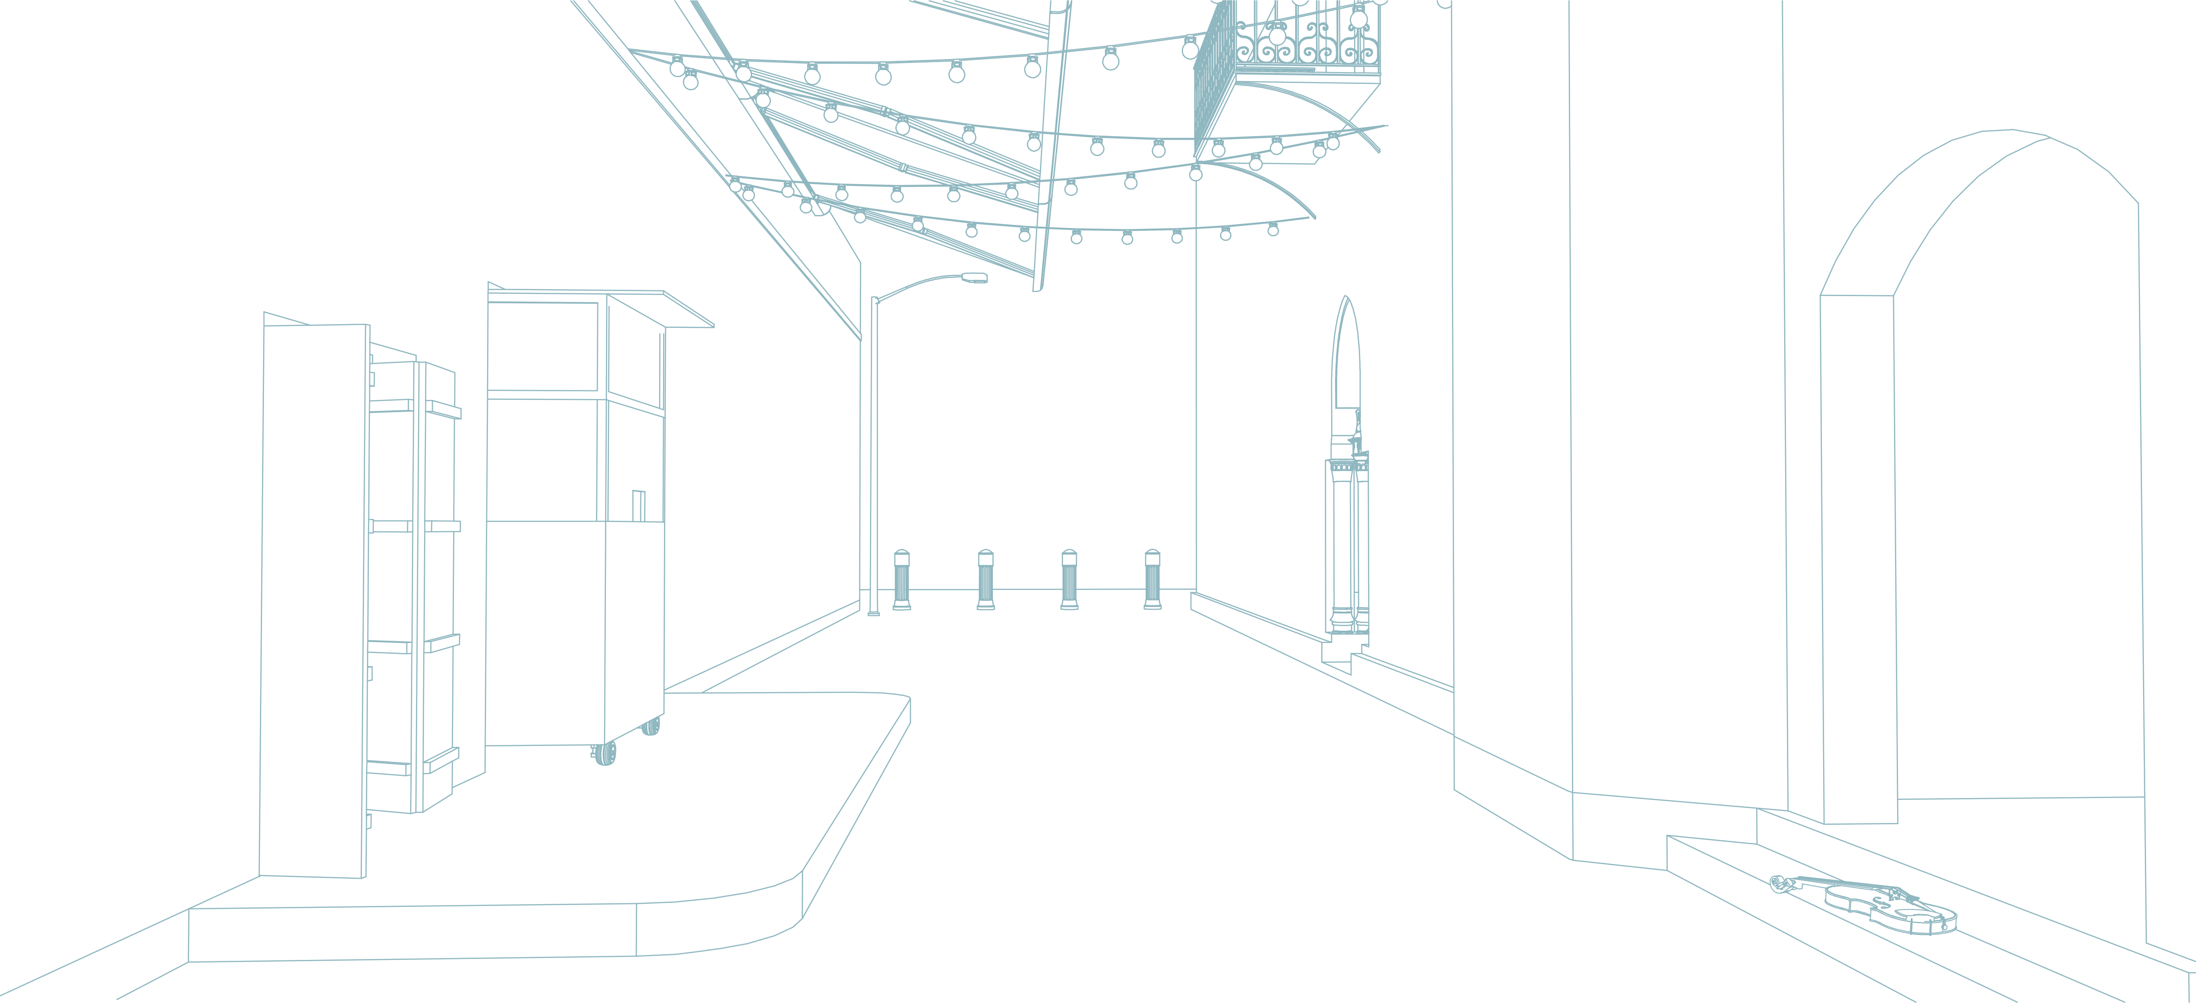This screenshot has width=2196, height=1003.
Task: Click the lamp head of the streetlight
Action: [x=974, y=277]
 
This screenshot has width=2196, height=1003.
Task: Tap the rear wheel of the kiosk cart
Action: [x=651, y=726]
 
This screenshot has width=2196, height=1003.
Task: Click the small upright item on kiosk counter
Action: [x=638, y=505]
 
